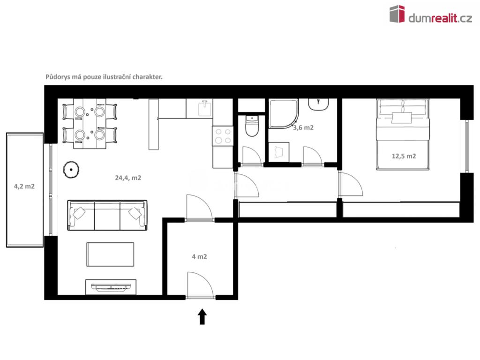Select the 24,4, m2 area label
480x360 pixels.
[128, 178]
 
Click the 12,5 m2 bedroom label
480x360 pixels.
[404, 156]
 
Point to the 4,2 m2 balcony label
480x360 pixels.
[24, 186]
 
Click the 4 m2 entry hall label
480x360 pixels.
[200, 256]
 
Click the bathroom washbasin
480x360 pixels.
[319, 104]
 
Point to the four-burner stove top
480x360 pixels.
[223, 136]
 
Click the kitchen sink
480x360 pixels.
[205, 108]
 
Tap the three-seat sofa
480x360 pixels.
[107, 215]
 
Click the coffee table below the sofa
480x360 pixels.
[110, 255]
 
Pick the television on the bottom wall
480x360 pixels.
[111, 286]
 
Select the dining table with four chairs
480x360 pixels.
[90, 124]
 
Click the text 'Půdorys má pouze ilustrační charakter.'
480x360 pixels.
[104, 77]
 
